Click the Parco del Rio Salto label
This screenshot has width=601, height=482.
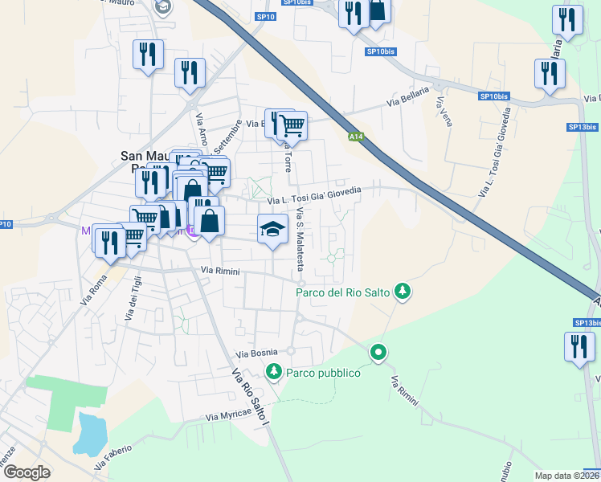tap(344, 292)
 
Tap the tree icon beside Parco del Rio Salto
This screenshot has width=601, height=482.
tap(403, 292)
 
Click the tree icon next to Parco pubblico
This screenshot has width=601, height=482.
tap(273, 372)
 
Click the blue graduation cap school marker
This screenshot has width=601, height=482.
tap(272, 229)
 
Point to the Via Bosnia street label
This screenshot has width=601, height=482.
tap(256, 353)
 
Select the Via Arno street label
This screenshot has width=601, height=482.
tap(201, 129)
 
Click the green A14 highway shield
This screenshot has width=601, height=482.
tap(356, 137)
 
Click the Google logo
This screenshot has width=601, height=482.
tap(27, 472)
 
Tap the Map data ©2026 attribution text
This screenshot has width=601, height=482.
tap(566, 476)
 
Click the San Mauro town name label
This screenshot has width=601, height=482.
tap(149, 156)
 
